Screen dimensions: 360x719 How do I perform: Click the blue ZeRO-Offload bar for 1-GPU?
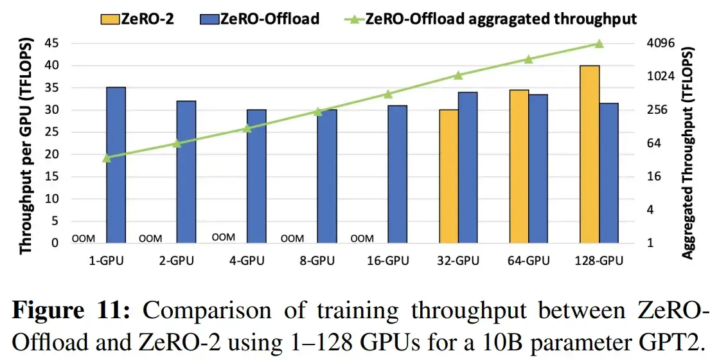116,165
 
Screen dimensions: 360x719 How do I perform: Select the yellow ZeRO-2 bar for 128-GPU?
589,154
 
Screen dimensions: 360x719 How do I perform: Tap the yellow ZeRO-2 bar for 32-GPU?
449,176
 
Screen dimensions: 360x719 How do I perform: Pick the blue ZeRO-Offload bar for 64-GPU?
538,168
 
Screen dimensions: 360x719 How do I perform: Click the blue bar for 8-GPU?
326,176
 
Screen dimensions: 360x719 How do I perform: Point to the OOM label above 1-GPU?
84,239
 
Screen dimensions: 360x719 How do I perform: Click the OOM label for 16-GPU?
362,239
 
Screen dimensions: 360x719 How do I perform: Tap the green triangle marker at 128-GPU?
599,44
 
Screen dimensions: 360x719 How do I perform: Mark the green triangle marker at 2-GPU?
177,143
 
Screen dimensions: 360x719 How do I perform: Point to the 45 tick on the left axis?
57,43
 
